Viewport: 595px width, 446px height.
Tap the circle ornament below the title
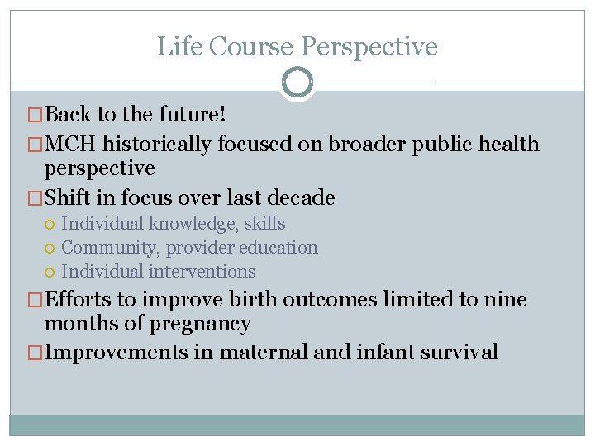pyautogui.click(x=297, y=83)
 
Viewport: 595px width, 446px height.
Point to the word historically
pyautogui.click(x=158, y=145)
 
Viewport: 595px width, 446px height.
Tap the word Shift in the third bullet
pyautogui.click(x=68, y=198)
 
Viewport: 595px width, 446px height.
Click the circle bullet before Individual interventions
pyautogui.click(x=50, y=272)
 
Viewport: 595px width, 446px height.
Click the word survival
pyautogui.click(x=459, y=353)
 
